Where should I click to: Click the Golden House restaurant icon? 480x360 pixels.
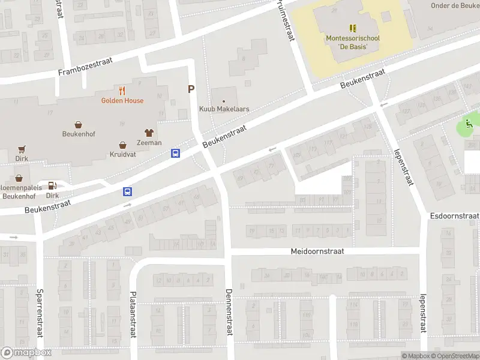[122, 91]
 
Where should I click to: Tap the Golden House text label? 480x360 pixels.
[122, 101]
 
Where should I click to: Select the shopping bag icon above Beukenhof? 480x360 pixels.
[79, 124]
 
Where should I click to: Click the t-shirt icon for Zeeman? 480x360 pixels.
[149, 133]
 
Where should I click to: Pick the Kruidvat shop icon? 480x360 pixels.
[123, 145]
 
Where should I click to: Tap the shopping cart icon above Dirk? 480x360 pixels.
[22, 149]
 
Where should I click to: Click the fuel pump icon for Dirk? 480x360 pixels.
[52, 185]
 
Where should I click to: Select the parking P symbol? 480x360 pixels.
[191, 89]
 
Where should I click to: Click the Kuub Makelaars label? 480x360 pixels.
[224, 109]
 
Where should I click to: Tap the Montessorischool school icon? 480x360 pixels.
[353, 28]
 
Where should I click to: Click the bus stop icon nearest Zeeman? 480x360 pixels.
[176, 154]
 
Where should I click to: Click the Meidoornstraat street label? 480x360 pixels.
[317, 251]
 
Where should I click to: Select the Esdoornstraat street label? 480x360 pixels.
[454, 215]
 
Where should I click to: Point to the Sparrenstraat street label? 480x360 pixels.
[40, 314]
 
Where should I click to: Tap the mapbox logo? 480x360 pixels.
[26, 353]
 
